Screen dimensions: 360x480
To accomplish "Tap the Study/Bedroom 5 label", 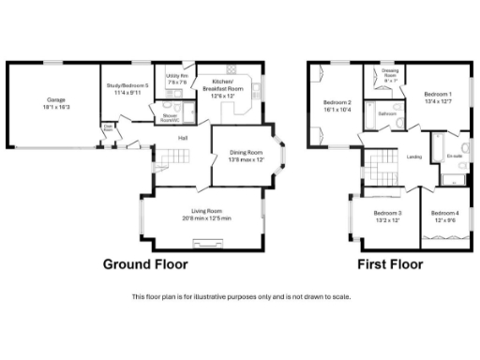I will (x=127, y=86).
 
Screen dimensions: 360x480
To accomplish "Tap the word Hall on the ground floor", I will (x=184, y=138).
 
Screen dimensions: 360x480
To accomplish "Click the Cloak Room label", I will (x=110, y=128).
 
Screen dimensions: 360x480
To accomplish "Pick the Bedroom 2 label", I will (x=337, y=102).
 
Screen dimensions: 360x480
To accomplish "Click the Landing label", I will (x=413, y=157).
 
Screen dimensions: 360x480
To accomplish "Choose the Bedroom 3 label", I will (x=387, y=214).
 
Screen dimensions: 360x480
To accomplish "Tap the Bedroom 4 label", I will (x=444, y=214).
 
